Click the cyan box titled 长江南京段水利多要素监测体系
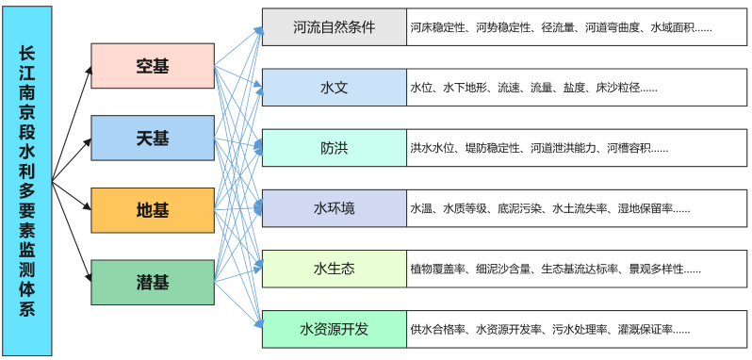[x=27, y=179]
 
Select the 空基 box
[x=153, y=66]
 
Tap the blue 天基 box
[x=153, y=139]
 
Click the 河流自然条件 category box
[x=334, y=27]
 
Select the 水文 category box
[x=334, y=88]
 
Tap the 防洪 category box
[x=334, y=148]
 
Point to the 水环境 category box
[x=334, y=208]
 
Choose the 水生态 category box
[x=334, y=269]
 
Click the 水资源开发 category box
[x=334, y=329]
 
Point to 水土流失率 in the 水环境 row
[x=580, y=208]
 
